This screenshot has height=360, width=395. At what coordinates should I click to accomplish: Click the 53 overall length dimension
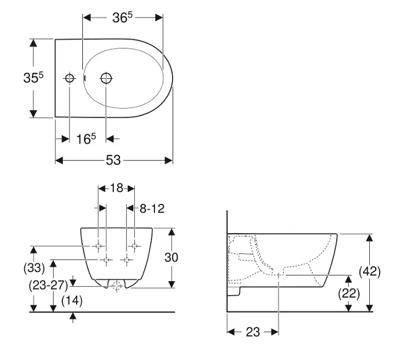113,161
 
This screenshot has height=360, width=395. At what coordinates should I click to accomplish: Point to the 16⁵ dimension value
86,138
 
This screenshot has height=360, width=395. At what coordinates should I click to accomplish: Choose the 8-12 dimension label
151,209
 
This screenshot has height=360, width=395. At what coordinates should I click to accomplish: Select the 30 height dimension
171,257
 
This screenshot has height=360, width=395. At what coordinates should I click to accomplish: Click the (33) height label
34,267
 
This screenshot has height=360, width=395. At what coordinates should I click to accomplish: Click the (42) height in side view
370,272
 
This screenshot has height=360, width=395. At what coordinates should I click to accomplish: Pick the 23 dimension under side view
253,332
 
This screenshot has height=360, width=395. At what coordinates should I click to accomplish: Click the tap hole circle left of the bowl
69,78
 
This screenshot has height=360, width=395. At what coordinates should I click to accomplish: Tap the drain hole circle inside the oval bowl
106,78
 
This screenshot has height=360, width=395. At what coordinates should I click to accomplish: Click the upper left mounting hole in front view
98,246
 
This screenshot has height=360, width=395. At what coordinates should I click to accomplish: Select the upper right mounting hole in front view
135,246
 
